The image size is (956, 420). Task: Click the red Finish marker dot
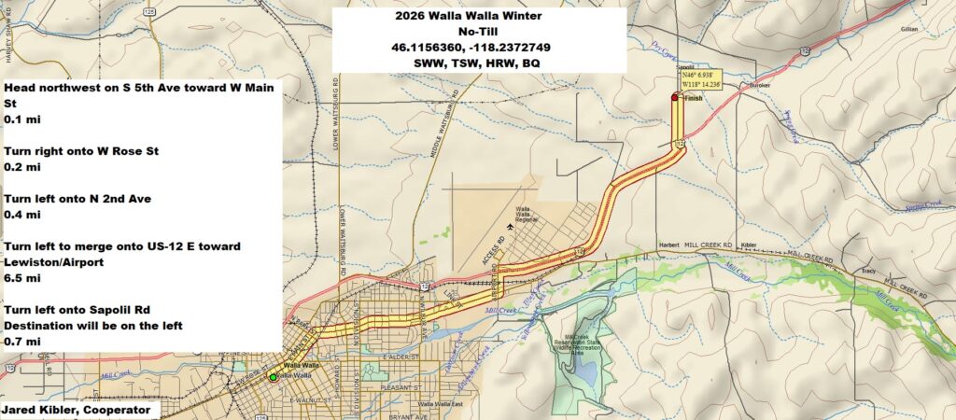pyautogui.click(x=674, y=97)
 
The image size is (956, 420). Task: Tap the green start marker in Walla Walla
pyautogui.click(x=273, y=376)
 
